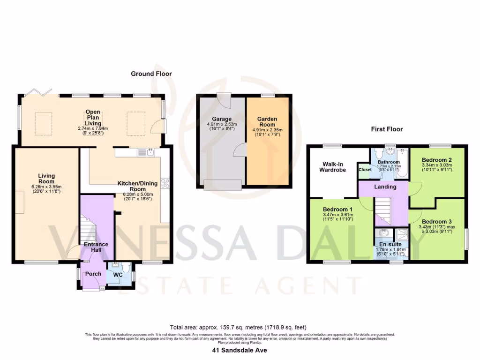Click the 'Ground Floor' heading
[x=151, y=74]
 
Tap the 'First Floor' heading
[x=387, y=129]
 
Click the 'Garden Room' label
[x=268, y=122]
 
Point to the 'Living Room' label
[x=46, y=179]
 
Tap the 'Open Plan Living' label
[x=93, y=117]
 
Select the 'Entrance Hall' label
[x=96, y=247]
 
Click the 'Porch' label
[x=92, y=274]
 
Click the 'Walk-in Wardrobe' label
[x=334, y=167]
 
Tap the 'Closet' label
[x=365, y=170]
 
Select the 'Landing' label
[x=385, y=187]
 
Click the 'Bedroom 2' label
[x=436, y=159]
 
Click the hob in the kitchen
[x=165, y=183]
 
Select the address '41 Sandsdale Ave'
[x=240, y=350]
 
